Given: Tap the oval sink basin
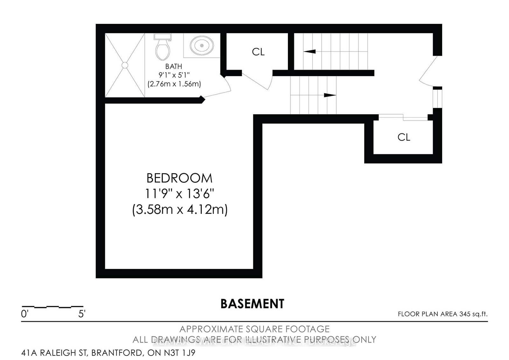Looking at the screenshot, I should coord(202,46).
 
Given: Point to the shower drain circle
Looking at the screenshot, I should coord(125,65).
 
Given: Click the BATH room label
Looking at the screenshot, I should coord(174,67).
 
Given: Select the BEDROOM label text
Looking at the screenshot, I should coord(179,178).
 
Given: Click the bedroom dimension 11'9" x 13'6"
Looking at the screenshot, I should coord(180,194).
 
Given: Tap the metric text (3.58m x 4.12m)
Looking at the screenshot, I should coord(180,210).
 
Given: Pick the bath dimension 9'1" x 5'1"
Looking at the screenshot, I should coord(174,75).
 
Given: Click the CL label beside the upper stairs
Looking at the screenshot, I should coord(258,52).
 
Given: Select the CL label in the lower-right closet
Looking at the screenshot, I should coord(404,137).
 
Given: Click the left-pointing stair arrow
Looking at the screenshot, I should coord(309,51).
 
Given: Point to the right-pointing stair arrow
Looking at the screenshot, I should coord(330,95).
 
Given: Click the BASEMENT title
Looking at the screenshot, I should coord(252,304).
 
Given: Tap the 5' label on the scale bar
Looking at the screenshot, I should coord(82,314).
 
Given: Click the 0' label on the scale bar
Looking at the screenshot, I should coord(25,314).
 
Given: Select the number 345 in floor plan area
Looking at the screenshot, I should coord(464,314).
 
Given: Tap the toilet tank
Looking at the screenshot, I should coord(163,37).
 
